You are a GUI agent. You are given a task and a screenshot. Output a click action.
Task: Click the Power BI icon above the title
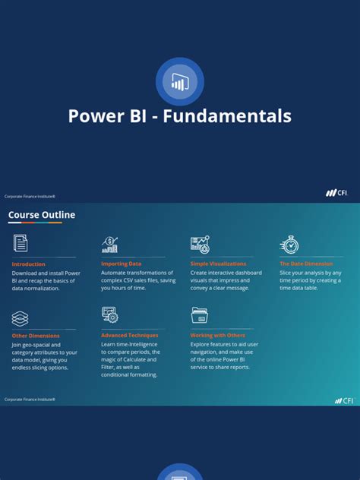[x=180, y=81]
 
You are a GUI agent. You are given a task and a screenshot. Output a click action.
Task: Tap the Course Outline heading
[x=42, y=215]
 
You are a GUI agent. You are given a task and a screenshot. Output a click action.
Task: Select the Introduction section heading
[x=28, y=264]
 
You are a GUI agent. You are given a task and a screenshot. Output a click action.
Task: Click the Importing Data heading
[x=121, y=264]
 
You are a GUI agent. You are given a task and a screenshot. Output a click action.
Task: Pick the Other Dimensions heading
[x=36, y=335]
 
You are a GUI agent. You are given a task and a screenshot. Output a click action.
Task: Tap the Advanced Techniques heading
[x=130, y=335]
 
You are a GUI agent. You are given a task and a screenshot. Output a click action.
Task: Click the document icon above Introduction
[x=21, y=243]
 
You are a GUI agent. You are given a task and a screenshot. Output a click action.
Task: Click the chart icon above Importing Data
[x=110, y=244]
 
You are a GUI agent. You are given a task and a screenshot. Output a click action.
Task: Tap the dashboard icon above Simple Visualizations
[x=200, y=244]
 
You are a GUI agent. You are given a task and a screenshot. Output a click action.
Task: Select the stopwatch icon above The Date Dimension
[x=289, y=244]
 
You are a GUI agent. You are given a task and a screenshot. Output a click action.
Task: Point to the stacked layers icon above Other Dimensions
[x=21, y=318]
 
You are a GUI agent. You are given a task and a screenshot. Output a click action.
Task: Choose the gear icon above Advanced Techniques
[x=110, y=314]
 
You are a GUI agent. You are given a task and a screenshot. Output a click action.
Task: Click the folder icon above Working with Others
[x=200, y=315]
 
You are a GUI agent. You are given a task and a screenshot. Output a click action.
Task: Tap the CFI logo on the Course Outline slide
[x=344, y=400]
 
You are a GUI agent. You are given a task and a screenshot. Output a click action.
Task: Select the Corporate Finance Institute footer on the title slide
[x=30, y=196]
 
